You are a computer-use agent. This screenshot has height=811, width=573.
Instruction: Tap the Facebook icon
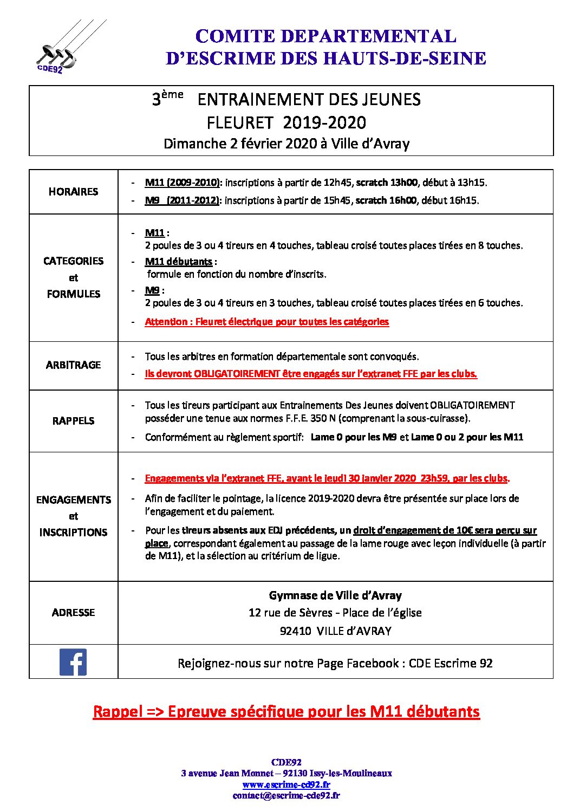pos(73,662)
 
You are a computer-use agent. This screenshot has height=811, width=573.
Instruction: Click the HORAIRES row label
pos(73,192)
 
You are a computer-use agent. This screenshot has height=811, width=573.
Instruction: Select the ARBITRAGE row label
pos(73,365)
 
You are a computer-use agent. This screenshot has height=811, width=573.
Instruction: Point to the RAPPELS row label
pos(73,421)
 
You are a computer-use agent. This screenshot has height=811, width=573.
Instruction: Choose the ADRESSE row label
pos(73,613)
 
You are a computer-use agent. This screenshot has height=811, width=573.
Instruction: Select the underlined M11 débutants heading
pos(179,262)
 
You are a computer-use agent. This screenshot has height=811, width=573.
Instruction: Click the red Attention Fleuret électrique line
pos(266,322)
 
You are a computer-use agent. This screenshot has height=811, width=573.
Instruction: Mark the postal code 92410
pos(295,631)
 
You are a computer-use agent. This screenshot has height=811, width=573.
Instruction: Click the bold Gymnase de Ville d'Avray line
pos(335,596)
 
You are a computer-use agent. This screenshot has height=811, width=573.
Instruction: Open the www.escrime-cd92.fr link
pos(286,784)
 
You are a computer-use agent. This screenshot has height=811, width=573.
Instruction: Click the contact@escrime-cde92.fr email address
pos(286,795)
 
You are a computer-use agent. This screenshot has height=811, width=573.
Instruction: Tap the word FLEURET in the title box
pos(239,123)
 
